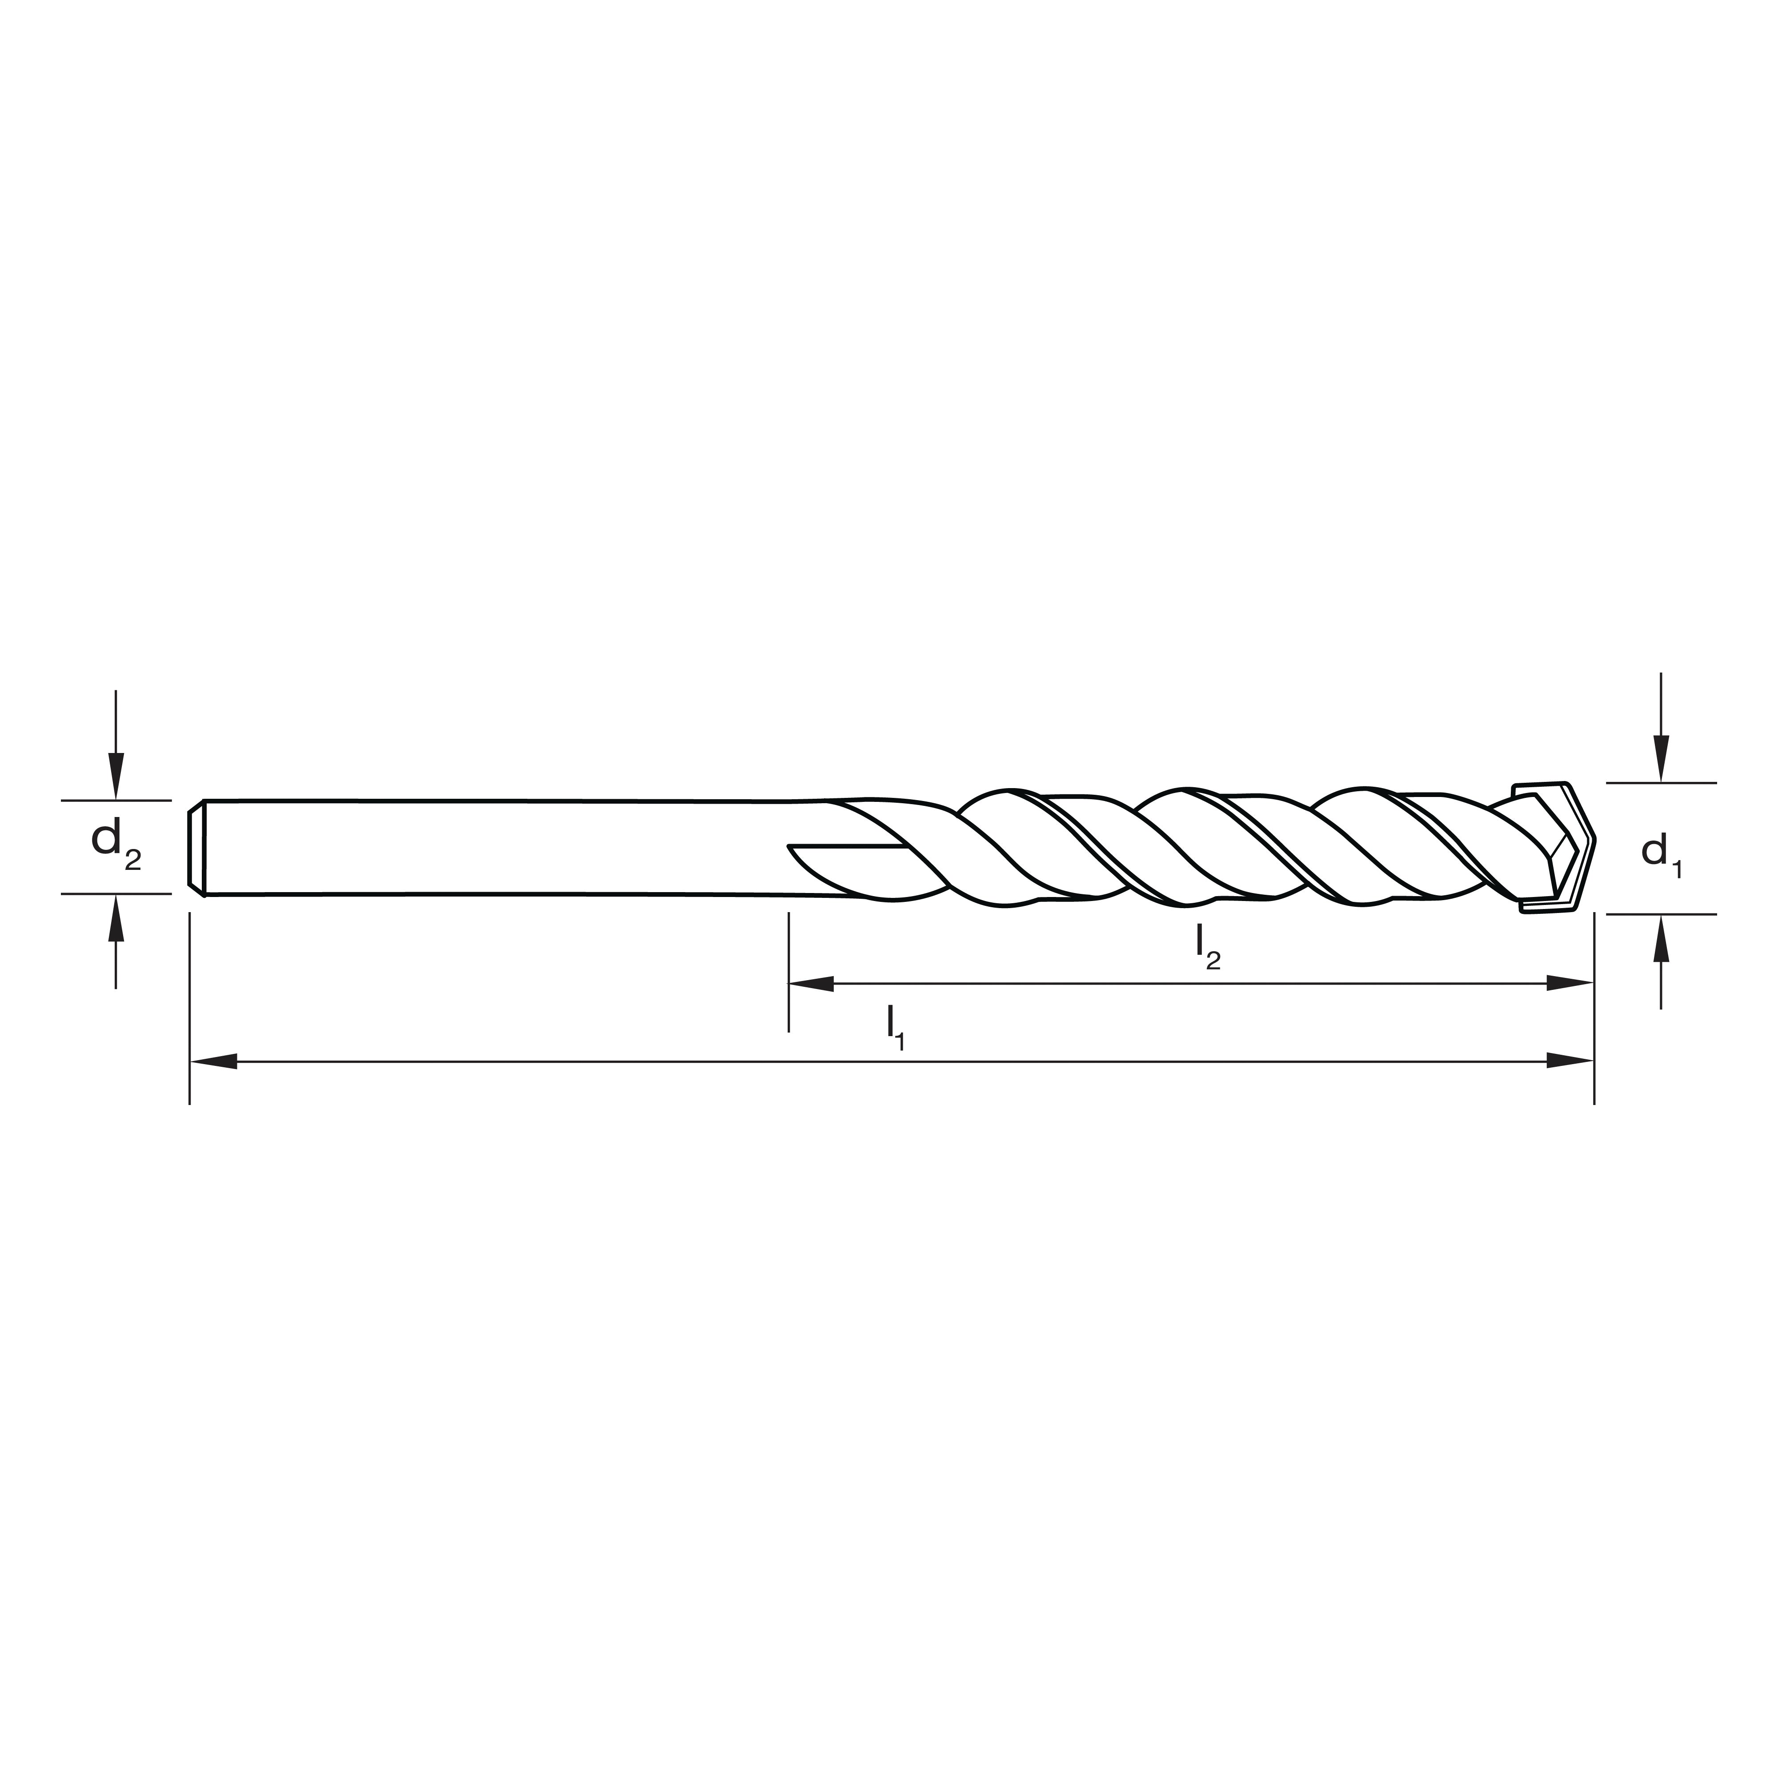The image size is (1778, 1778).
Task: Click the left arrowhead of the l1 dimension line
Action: tap(213, 1061)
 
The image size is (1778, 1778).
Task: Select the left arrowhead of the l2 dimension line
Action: tap(812, 984)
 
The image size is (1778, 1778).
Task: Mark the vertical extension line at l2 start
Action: tap(789, 966)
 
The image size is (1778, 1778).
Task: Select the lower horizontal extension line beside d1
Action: tap(1661, 914)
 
